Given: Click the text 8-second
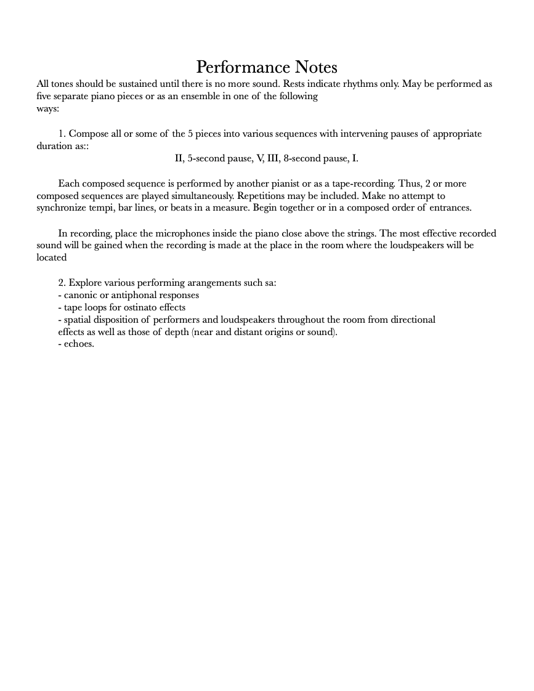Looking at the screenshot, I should (302, 158).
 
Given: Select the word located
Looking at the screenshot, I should (52, 258).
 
